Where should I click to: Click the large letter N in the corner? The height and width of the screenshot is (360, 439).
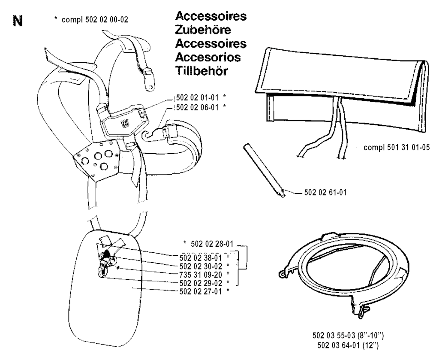[x=18, y=21]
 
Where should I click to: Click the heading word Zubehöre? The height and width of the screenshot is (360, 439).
[x=203, y=30]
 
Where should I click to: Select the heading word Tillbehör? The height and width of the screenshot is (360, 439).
[x=201, y=71]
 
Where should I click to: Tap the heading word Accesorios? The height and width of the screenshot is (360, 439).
[x=208, y=57]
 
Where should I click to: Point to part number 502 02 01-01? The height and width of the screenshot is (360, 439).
[x=197, y=97]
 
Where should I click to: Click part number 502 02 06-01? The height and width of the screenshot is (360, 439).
[x=197, y=107]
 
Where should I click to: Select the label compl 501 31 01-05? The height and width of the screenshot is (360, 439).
[x=397, y=147]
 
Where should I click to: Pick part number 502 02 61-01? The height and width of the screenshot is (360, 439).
[x=325, y=193]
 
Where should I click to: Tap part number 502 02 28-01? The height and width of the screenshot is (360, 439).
[x=212, y=244]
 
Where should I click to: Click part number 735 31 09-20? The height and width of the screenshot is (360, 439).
[x=201, y=275]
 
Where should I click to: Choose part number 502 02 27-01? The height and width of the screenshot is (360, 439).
[x=201, y=292]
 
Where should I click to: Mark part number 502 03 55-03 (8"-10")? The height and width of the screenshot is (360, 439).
[x=348, y=336]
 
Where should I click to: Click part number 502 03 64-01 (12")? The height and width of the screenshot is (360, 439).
[x=348, y=345]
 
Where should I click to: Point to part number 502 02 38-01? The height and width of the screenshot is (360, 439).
[x=201, y=258]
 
